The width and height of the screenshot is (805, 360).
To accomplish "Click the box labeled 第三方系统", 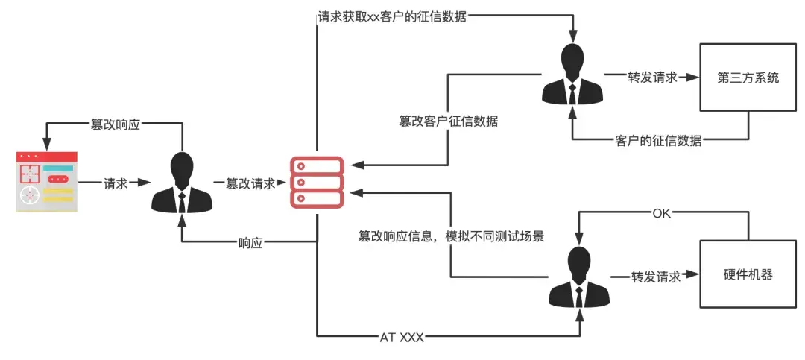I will (x=748, y=78).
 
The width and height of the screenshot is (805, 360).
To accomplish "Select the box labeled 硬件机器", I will (x=748, y=274).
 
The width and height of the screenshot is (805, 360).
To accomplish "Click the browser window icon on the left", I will (x=47, y=182).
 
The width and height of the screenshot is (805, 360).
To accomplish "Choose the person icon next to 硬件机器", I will (x=579, y=277).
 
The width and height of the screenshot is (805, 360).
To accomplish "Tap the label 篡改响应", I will (x=115, y=124).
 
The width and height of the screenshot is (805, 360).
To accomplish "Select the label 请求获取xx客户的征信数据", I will (x=392, y=16).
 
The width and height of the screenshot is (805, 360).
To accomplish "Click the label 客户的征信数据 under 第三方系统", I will (x=658, y=140).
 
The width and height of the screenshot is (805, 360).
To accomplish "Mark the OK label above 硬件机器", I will (x=662, y=214).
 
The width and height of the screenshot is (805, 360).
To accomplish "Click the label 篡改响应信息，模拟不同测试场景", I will (x=451, y=237).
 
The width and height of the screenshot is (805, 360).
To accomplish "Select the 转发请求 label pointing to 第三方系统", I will (x=643, y=77).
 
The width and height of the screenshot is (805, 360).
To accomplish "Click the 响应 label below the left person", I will (x=250, y=243).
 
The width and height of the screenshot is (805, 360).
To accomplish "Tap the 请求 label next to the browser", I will (x=115, y=183).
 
